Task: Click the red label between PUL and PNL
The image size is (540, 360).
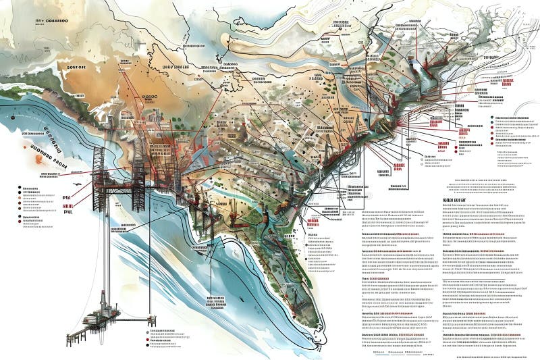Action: coord(67,205)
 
